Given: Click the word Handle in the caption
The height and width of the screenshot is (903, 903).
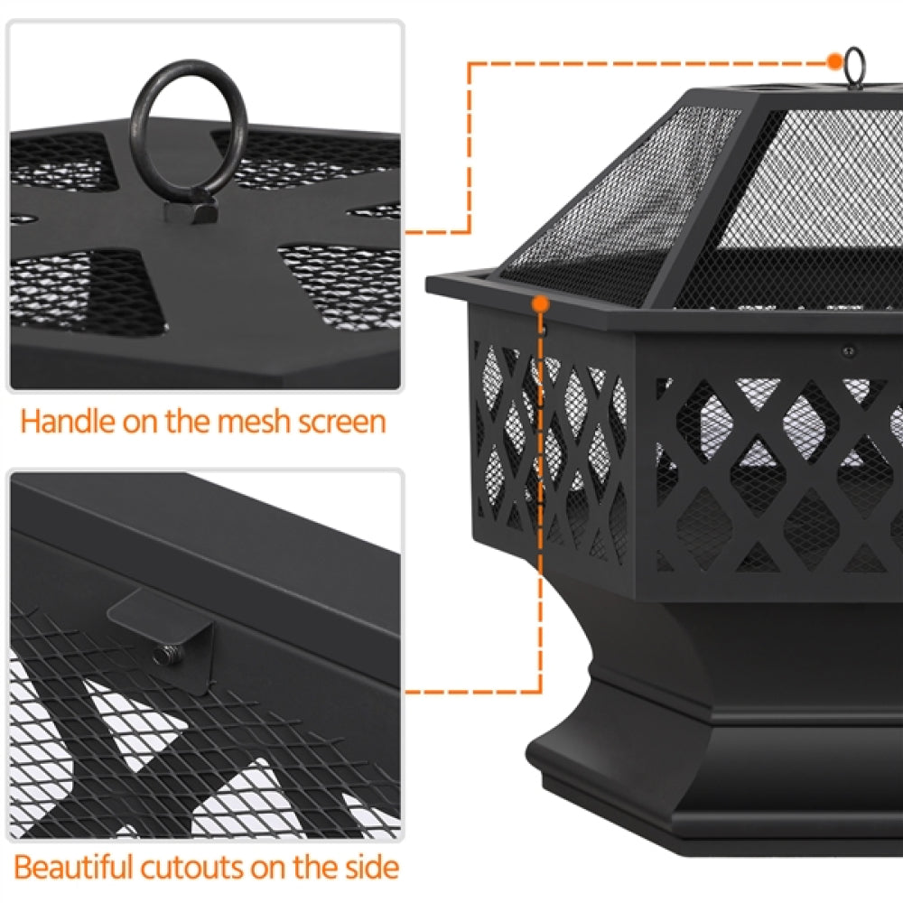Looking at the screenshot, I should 68,422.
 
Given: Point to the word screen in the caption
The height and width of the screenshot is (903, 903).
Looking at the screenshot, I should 342,422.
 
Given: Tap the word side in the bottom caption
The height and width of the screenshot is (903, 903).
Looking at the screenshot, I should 368,868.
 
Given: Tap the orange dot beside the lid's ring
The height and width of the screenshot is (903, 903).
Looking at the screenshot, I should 833,61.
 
